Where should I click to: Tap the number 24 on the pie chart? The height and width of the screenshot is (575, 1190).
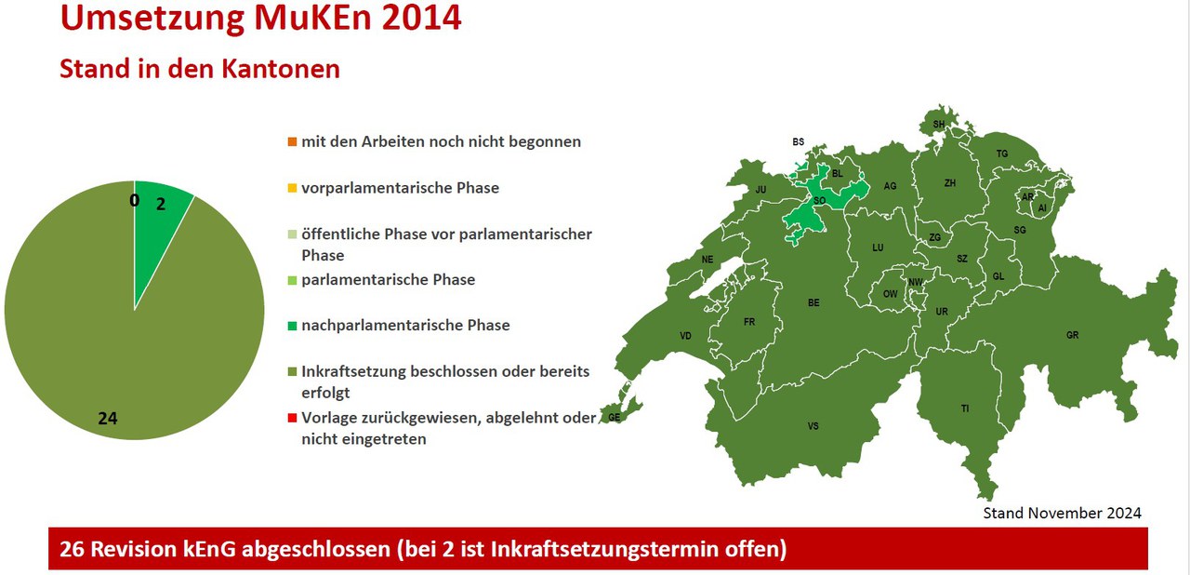tap(108, 419)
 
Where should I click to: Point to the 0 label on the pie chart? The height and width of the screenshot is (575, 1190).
tap(135, 200)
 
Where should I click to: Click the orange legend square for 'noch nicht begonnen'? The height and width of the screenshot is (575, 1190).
tap(292, 142)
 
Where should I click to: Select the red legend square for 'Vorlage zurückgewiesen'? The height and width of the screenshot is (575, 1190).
tap(292, 419)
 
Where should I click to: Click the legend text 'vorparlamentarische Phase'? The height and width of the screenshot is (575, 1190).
tap(400, 188)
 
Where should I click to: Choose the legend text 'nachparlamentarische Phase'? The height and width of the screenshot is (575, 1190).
tap(405, 326)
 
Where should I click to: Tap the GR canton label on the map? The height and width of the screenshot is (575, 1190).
tap(1072, 335)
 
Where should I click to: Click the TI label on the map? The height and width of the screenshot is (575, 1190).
tap(965, 408)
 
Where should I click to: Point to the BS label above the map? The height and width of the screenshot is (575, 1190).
tap(798, 142)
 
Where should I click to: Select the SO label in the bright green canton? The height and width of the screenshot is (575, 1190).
tap(820, 201)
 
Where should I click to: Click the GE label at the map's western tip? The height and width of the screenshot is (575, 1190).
tap(615, 418)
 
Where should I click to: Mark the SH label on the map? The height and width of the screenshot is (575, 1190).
tap(939, 125)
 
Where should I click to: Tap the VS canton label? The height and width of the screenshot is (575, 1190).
tap(813, 426)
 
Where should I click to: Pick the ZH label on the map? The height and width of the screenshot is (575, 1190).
tap(950, 183)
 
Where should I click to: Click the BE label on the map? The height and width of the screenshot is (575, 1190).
tap(813, 303)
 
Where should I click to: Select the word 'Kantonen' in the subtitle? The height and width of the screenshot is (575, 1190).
tap(281, 69)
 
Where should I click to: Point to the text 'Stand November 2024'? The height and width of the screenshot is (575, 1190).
tap(1062, 513)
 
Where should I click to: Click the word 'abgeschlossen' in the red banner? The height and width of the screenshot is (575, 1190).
tap(315, 549)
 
